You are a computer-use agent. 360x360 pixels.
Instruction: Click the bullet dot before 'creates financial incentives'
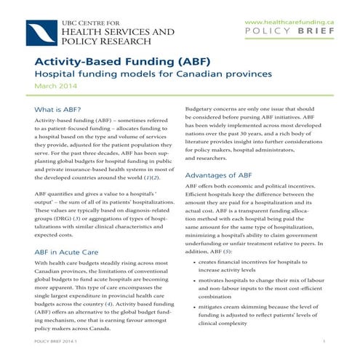[x=192, y=261]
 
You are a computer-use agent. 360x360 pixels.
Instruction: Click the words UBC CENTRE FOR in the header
[x=100, y=22]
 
